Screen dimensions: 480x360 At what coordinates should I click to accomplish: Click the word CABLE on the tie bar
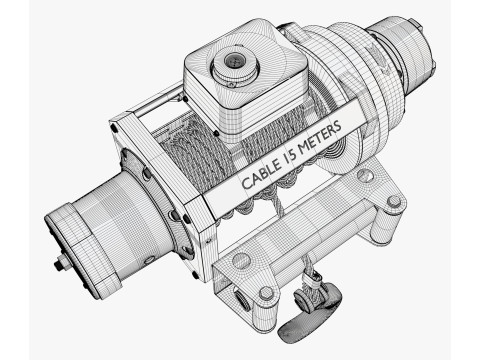(x=261, y=174)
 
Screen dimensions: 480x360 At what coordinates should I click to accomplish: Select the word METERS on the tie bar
(x=320, y=136)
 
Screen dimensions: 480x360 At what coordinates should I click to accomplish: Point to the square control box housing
(x=245, y=83)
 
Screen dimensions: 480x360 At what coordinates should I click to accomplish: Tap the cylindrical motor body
(x=127, y=220)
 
